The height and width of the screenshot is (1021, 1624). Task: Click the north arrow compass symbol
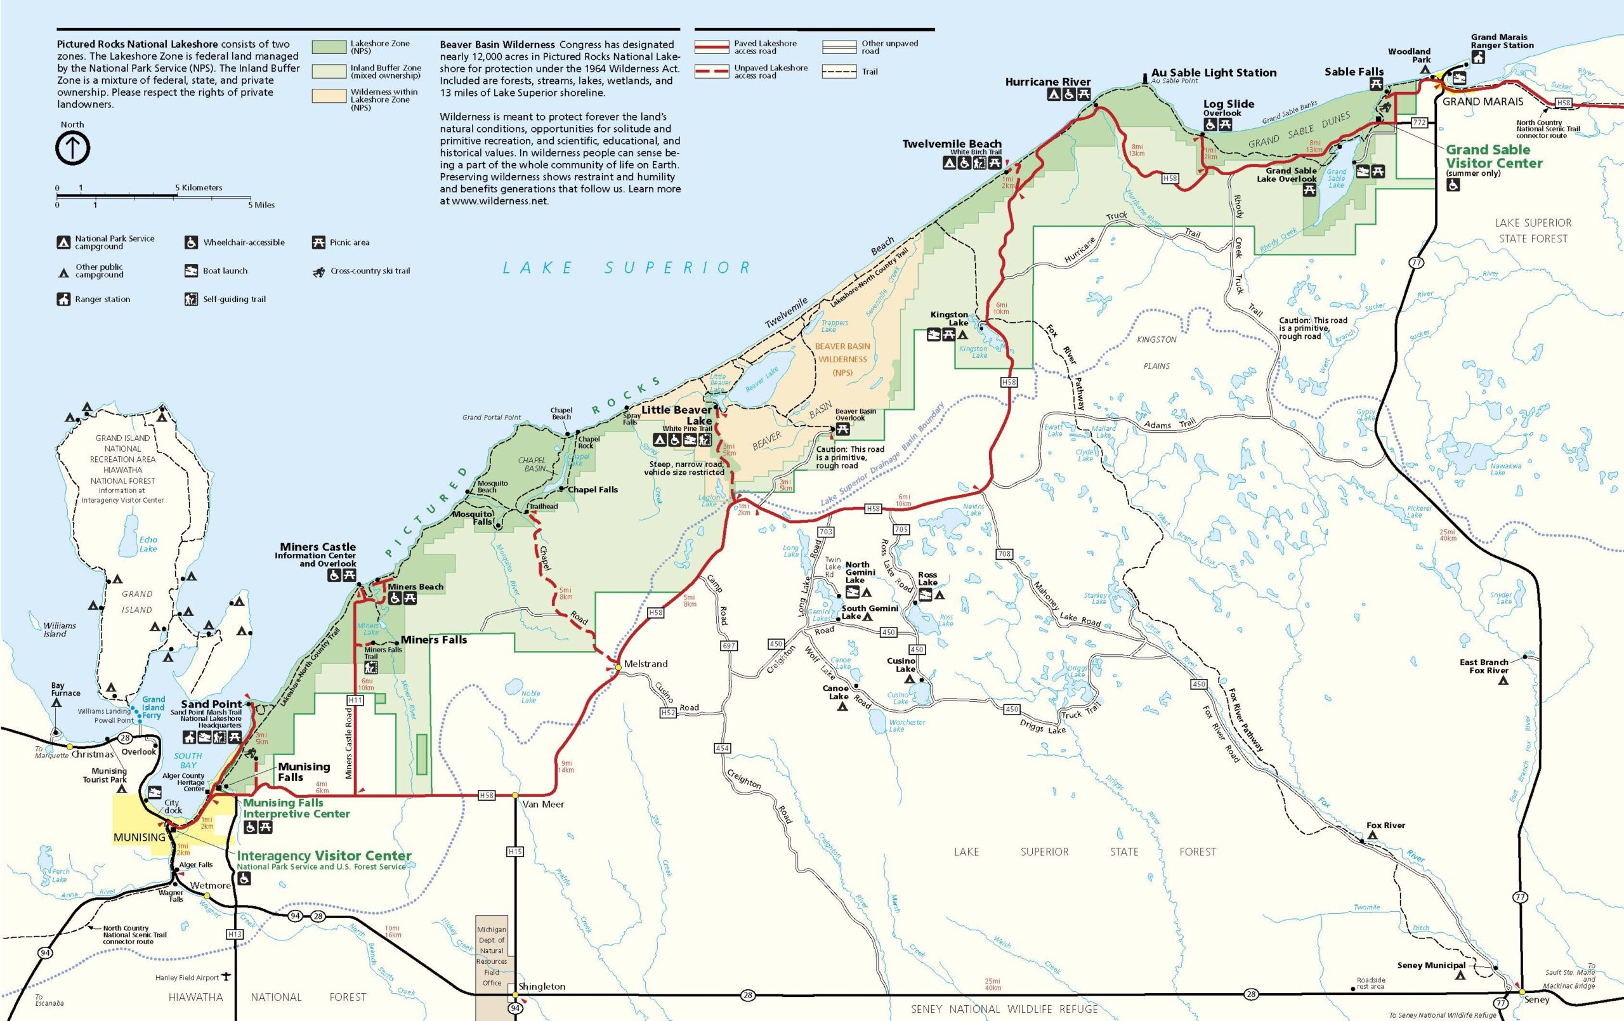click(x=72, y=148)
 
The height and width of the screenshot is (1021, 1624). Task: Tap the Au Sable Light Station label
click(x=1214, y=73)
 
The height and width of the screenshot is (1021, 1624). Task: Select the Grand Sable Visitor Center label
click(x=1493, y=156)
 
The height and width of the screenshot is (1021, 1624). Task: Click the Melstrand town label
click(x=645, y=664)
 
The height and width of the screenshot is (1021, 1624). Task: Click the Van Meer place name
click(x=543, y=805)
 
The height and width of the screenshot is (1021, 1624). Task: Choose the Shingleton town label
click(x=542, y=987)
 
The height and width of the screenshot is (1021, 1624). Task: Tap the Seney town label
click(x=1536, y=999)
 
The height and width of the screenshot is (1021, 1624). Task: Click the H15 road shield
click(x=514, y=852)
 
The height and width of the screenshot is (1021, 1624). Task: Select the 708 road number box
click(x=1004, y=554)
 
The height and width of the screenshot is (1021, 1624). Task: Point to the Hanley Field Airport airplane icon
click(x=226, y=977)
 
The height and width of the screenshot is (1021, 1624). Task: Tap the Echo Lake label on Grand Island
click(x=148, y=544)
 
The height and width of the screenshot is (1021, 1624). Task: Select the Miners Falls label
click(x=434, y=640)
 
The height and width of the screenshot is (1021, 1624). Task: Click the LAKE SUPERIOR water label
click(x=627, y=268)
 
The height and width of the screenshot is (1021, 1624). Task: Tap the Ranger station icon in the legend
click(x=63, y=299)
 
